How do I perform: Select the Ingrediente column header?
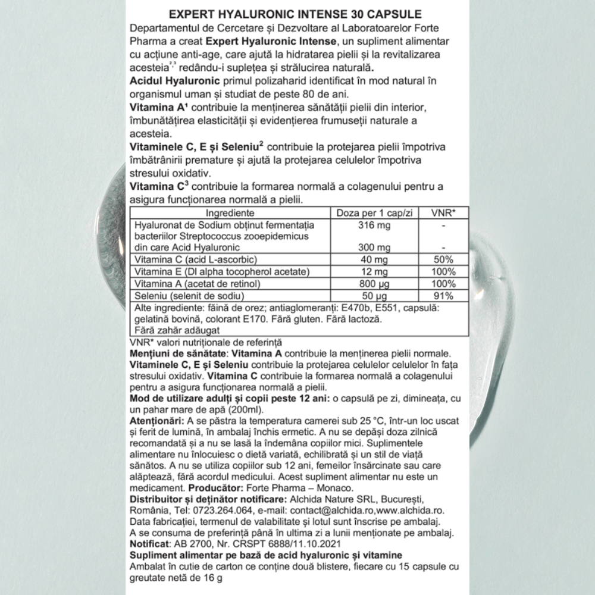click(x=230, y=213)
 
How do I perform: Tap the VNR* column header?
click(x=443, y=213)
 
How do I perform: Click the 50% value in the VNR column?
click(x=443, y=260)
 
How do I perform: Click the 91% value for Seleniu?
click(x=443, y=296)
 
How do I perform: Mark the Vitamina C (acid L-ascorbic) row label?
click(x=196, y=260)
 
